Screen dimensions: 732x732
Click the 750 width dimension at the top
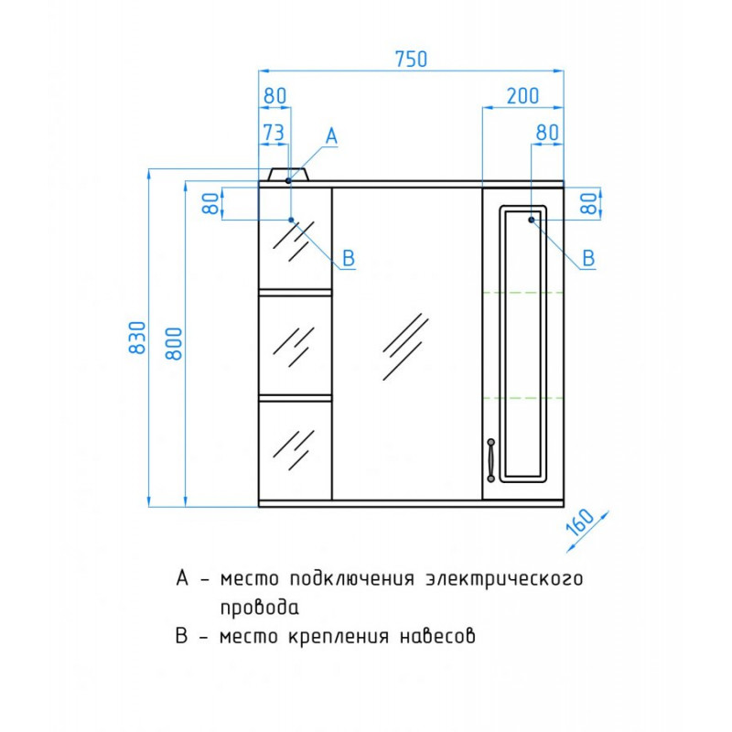tap(411, 59)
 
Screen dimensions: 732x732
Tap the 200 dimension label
tap(522, 96)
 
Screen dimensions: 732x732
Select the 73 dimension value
tap(274, 133)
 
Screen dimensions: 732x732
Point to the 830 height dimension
tap(138, 337)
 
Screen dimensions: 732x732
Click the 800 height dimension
tap(174, 343)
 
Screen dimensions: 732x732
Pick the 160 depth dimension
tap(580, 522)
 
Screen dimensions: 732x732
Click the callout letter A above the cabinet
tap(331, 136)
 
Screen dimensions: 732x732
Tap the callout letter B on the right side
tap(588, 258)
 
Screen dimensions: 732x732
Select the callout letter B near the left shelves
tap(349, 258)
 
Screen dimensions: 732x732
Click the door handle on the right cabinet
tap(490, 460)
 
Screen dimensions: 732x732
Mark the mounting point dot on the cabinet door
tap(532, 220)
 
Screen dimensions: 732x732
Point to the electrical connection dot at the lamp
tap(288, 180)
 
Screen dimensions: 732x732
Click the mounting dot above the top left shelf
tap(291, 220)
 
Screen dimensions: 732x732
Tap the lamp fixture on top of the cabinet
tap(288, 174)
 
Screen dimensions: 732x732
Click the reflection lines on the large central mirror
tap(404, 347)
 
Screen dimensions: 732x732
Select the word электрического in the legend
tap(504, 579)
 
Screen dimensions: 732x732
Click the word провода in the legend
tap(259, 608)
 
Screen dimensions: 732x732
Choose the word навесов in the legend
tap(437, 636)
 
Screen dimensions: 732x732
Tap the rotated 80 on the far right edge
tap(590, 203)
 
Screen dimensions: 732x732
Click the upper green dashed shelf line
tap(522, 293)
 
